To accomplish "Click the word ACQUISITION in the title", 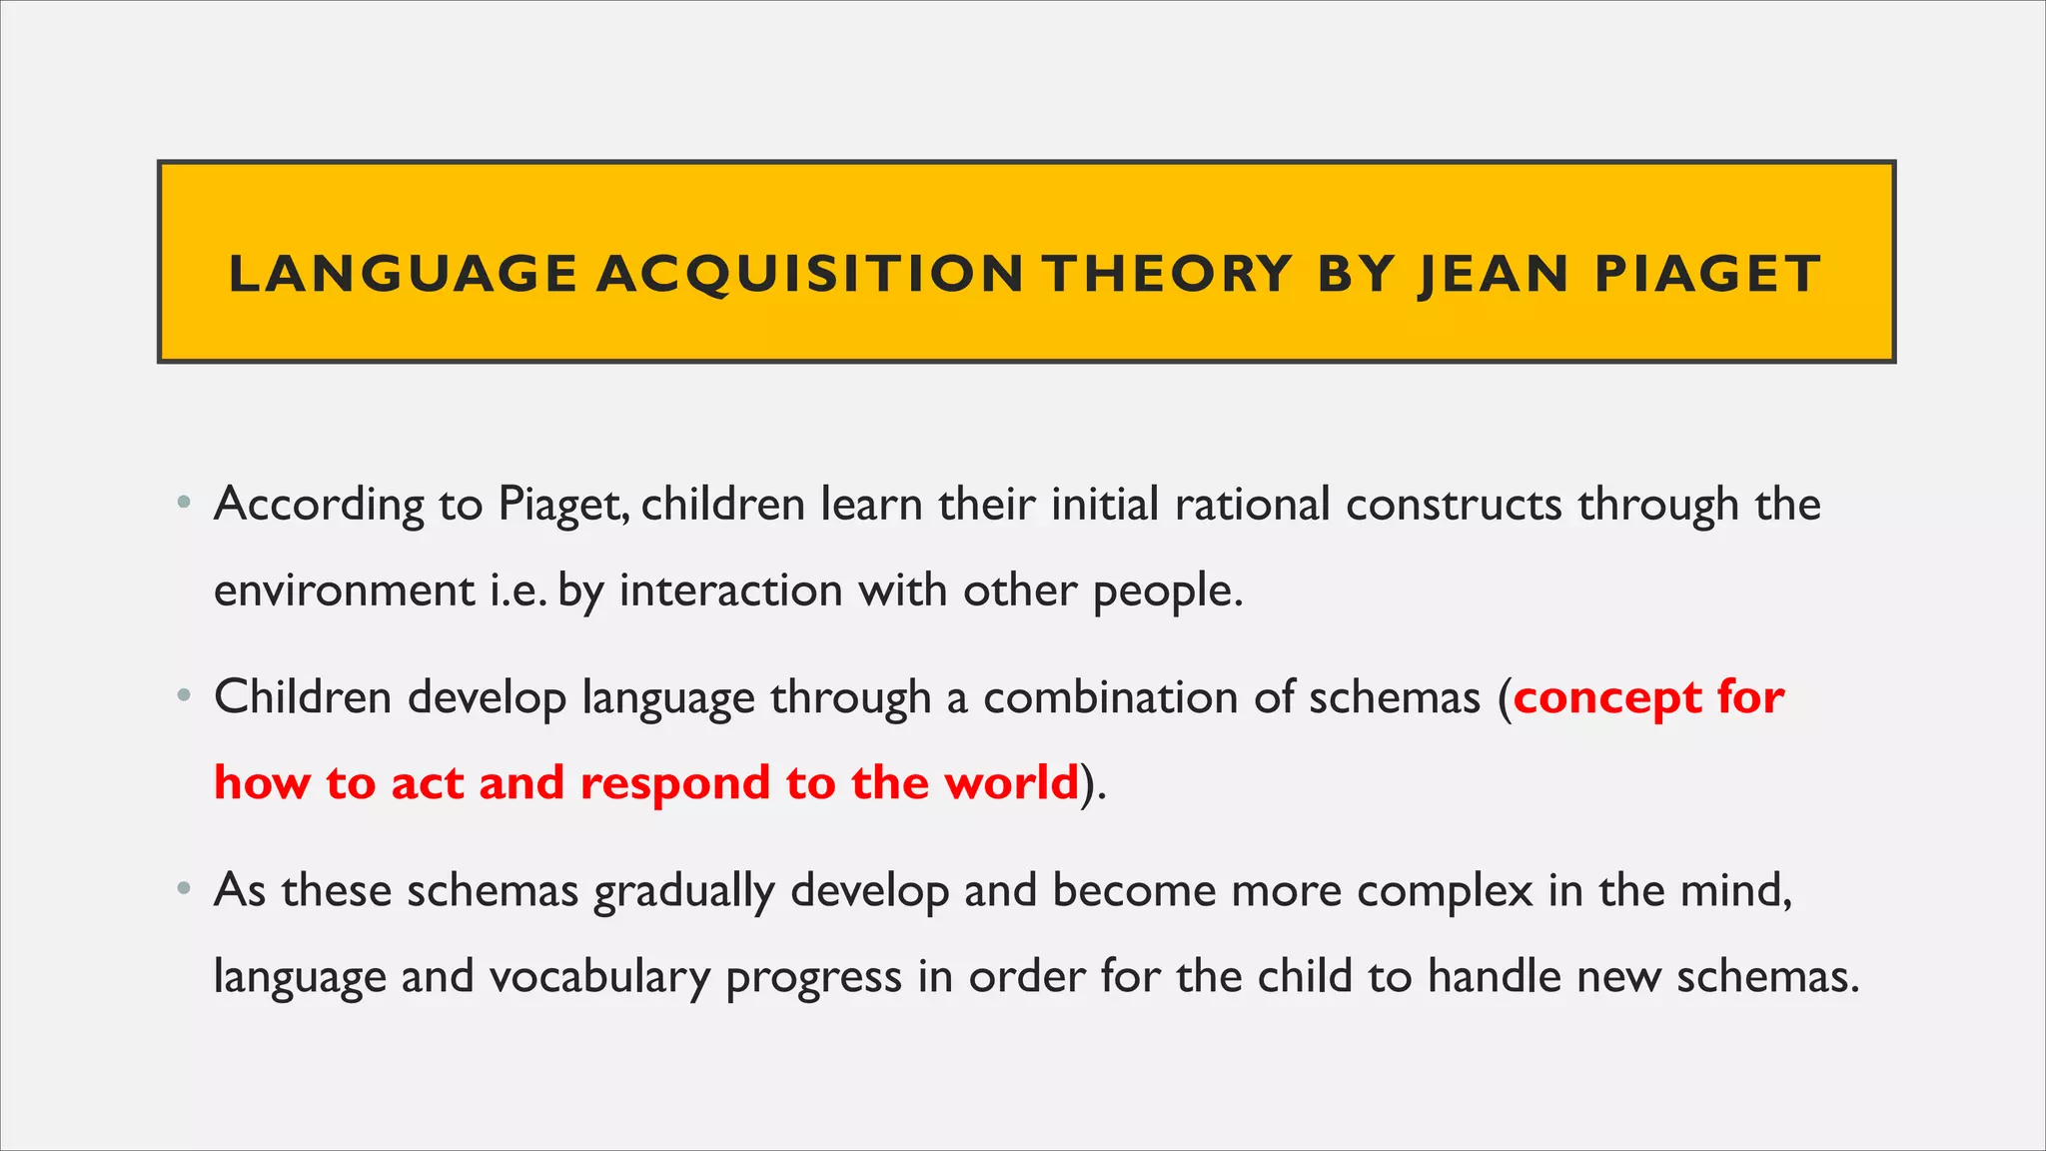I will tap(810, 275).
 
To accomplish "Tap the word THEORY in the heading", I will tap(1168, 275).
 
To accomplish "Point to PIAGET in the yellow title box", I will tap(1707, 275).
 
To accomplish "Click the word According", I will tap(319, 505).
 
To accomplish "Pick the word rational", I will tap(1252, 505).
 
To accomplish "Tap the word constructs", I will tap(1454, 505).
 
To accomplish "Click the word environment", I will tap(345, 590).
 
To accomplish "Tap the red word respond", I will tap(674, 783).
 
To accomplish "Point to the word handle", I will tap(1495, 977).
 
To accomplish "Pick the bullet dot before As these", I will tap(183, 889).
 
